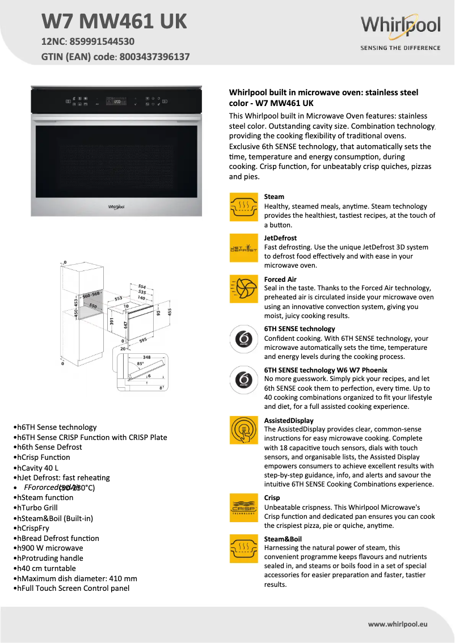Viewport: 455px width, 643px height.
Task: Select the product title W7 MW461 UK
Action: tap(114, 22)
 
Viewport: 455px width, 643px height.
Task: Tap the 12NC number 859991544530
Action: tap(103, 41)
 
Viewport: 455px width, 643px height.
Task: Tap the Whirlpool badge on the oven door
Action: tap(116, 207)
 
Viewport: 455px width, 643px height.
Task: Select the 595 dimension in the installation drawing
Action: tap(142, 340)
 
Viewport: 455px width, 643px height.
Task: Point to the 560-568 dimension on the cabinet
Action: tap(91, 295)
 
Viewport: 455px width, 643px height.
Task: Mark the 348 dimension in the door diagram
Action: tap(146, 357)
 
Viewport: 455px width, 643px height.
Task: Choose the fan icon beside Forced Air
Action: tap(243, 289)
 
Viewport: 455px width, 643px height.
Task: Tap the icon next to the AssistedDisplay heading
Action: tap(243, 430)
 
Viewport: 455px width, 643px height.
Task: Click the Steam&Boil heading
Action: tap(283, 539)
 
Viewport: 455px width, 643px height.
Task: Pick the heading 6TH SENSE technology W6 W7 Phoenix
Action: tap(326, 370)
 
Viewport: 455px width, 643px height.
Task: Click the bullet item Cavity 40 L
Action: tap(37, 468)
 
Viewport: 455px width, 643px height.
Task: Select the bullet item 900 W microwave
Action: tap(50, 548)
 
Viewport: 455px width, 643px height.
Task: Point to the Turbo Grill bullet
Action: tap(37, 507)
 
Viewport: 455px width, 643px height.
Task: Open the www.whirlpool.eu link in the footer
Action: tap(397, 624)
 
